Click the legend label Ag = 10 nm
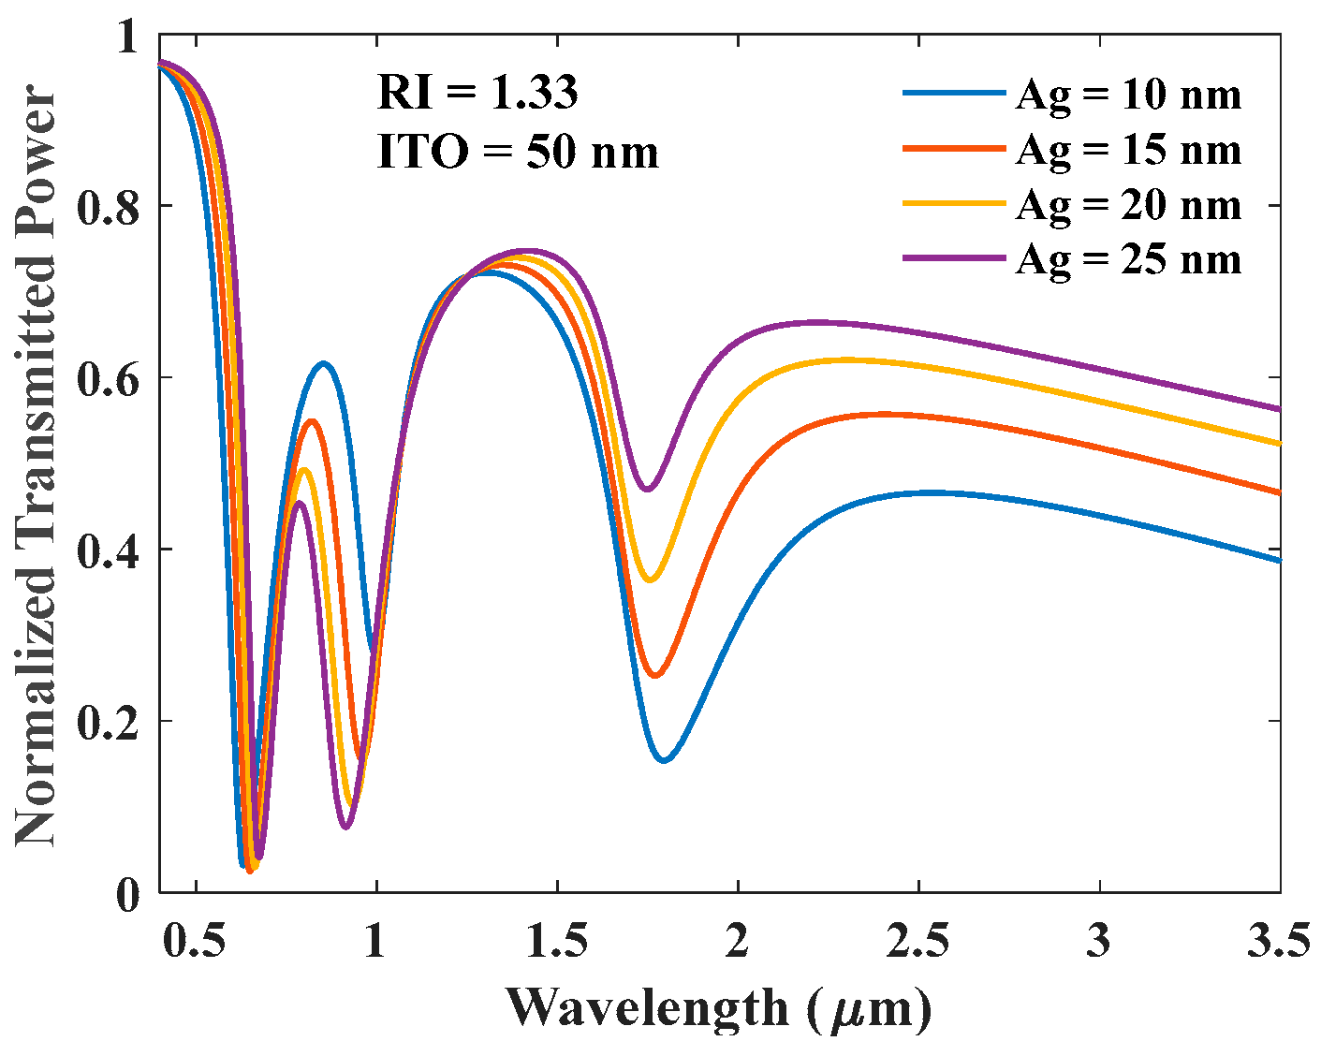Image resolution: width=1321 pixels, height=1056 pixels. (x=1128, y=95)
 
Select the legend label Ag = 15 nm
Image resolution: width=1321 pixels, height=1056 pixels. (x=1128, y=150)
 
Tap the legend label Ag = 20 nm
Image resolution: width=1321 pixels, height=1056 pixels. (x=1128, y=204)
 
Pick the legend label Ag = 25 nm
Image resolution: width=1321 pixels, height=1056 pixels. (x=1128, y=258)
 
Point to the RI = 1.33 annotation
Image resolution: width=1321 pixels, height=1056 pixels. (x=477, y=93)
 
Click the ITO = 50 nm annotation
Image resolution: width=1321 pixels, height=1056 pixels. (x=518, y=152)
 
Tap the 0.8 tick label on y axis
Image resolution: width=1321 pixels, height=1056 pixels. (x=108, y=207)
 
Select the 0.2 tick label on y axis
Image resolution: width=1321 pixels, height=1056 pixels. (x=108, y=722)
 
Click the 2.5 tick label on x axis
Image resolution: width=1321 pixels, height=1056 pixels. (x=918, y=941)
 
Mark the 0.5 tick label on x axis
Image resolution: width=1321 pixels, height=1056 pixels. (x=196, y=941)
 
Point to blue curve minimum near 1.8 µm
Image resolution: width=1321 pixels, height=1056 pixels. (x=664, y=760)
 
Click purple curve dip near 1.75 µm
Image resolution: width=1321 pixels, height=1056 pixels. (x=647, y=489)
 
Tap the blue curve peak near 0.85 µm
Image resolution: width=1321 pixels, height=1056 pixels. (x=323, y=363)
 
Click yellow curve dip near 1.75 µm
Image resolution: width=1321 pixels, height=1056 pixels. (x=650, y=580)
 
